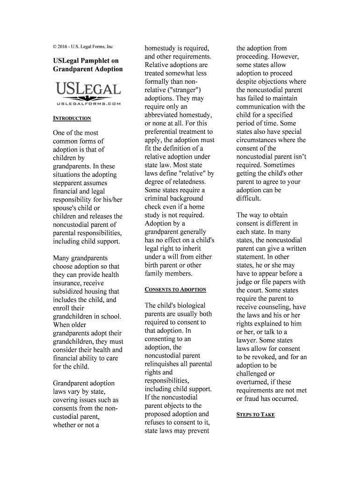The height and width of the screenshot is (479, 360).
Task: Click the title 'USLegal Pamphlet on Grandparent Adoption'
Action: pyautogui.click(x=87, y=65)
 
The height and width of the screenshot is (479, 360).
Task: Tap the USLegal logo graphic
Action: pyautogui.click(x=88, y=94)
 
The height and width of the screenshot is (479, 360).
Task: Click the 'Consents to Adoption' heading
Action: pyautogui.click(x=175, y=290)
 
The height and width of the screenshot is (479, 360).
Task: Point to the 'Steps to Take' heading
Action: pyautogui.click(x=255, y=415)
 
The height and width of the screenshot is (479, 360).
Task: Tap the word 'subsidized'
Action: pyautogui.click(x=71, y=291)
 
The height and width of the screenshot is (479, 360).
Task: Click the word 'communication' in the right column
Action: pyautogui.click(x=258, y=107)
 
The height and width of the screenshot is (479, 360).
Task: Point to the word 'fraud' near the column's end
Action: pyautogui.click(x=252, y=399)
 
